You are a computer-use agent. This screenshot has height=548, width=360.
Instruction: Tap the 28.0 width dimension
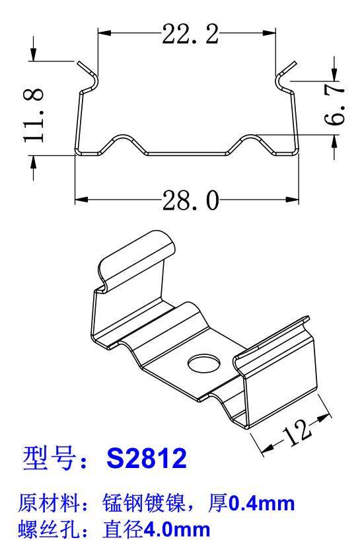190,199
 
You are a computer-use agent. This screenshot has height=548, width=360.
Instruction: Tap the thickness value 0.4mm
261,505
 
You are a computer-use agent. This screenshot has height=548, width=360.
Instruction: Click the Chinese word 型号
46,459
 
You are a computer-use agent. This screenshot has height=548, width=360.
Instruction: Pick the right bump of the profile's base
252,137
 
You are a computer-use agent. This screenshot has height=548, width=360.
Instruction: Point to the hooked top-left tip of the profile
81,64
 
